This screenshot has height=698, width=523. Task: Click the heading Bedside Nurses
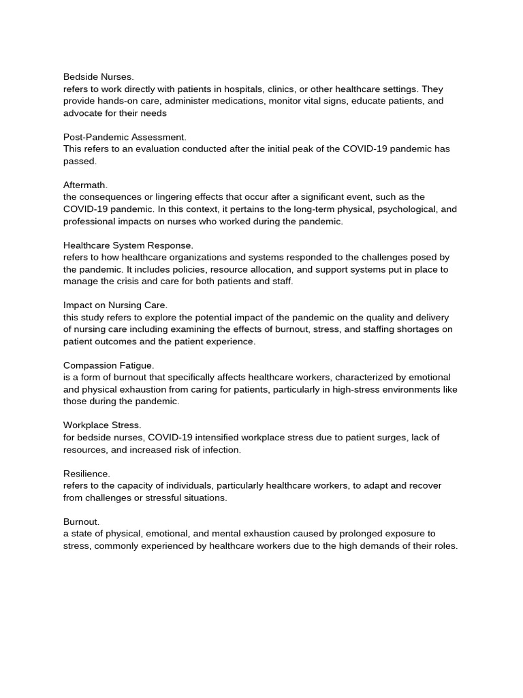click(99, 77)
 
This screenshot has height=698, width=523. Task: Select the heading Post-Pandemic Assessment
click(125, 137)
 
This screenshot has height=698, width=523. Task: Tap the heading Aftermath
click(86, 185)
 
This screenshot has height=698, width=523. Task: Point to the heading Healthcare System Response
click(129, 245)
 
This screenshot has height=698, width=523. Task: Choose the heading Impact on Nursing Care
click(115, 305)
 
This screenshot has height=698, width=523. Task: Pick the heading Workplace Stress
click(102, 425)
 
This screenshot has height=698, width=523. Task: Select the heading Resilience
click(86, 473)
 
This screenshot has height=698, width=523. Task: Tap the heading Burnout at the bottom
click(82, 521)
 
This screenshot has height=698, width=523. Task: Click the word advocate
click(82, 113)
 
